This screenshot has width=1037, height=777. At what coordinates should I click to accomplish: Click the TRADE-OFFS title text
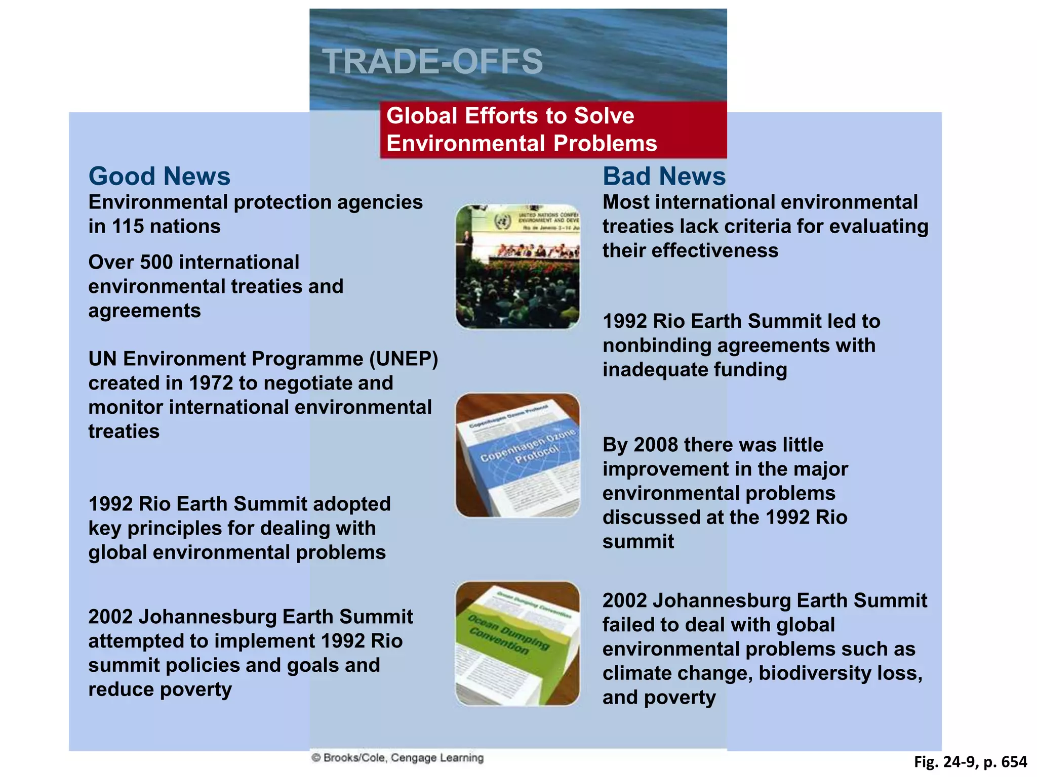tap(432, 62)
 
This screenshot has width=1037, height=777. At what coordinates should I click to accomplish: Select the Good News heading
tap(159, 176)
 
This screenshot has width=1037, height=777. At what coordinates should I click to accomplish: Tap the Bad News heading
tap(664, 176)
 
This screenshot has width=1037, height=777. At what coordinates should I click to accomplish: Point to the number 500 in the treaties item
tap(156, 262)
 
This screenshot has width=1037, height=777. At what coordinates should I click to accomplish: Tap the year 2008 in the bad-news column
tap(656, 445)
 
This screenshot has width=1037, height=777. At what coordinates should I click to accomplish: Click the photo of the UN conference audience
tap(517, 267)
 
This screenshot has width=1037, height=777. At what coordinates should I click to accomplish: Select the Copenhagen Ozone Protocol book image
tap(517, 455)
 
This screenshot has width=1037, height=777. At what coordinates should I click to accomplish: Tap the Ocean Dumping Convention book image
tap(517, 643)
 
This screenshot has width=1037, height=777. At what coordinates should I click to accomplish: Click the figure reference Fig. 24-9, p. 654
tap(970, 762)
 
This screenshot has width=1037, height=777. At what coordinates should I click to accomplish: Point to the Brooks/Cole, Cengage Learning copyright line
tap(397, 758)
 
